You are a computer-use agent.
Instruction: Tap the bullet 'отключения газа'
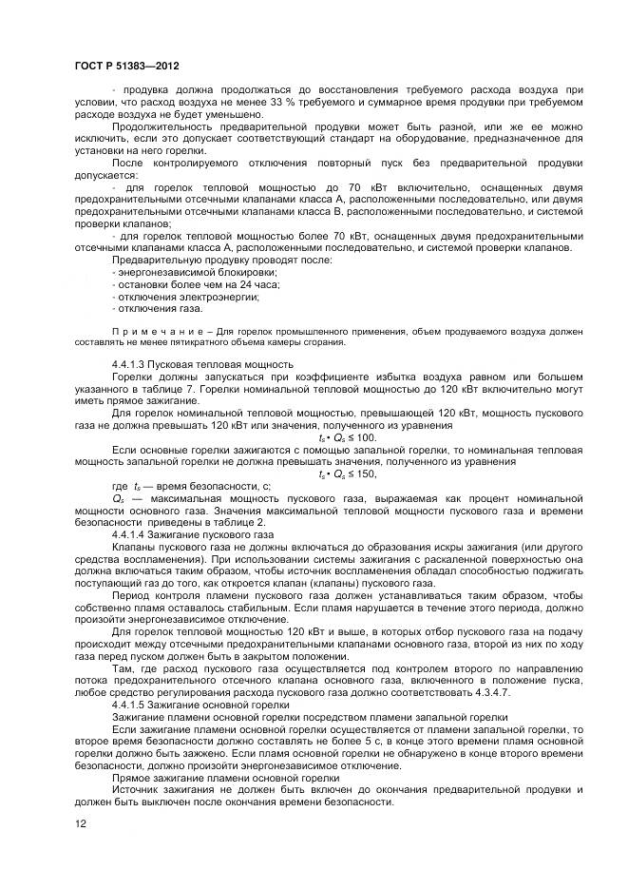158,309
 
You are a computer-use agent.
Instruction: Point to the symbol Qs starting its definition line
118,498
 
